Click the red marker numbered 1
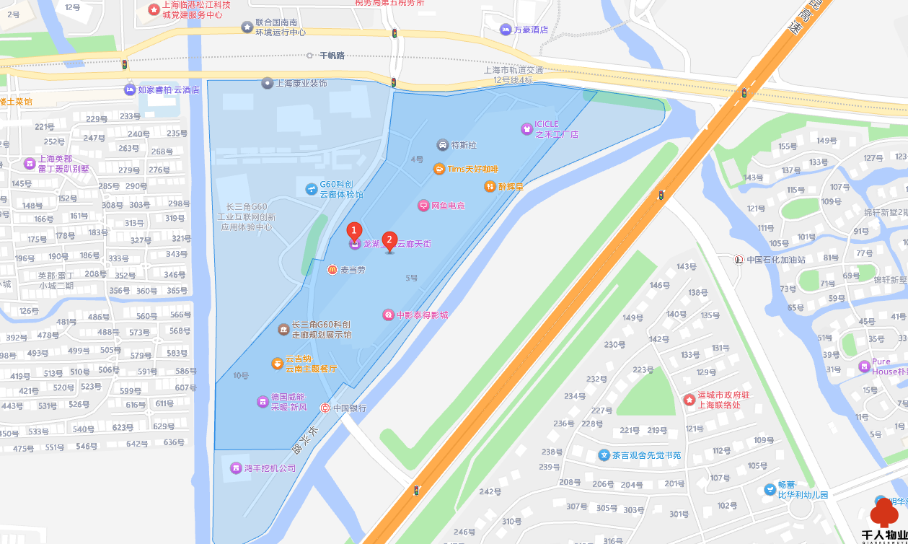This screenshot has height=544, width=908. (x=353, y=232)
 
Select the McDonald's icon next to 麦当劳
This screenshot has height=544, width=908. (x=332, y=269)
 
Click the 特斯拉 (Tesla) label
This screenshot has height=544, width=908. (x=463, y=145)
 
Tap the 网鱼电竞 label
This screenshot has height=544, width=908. (x=448, y=206)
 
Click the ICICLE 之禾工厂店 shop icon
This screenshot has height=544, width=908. (x=526, y=129)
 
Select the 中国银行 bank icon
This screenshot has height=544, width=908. (x=325, y=408)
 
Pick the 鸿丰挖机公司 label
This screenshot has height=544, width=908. (x=270, y=468)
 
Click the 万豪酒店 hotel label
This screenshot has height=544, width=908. (x=531, y=30)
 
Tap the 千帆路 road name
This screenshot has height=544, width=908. (x=332, y=56)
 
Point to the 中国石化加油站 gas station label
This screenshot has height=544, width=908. (x=775, y=259)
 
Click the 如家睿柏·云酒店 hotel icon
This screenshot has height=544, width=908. (x=130, y=89)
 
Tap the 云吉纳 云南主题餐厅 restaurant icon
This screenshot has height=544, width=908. (x=278, y=364)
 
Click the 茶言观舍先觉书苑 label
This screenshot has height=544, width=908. (x=646, y=455)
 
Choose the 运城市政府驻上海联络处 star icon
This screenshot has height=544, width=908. (x=689, y=399)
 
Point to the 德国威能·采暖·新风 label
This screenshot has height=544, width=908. (x=288, y=402)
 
